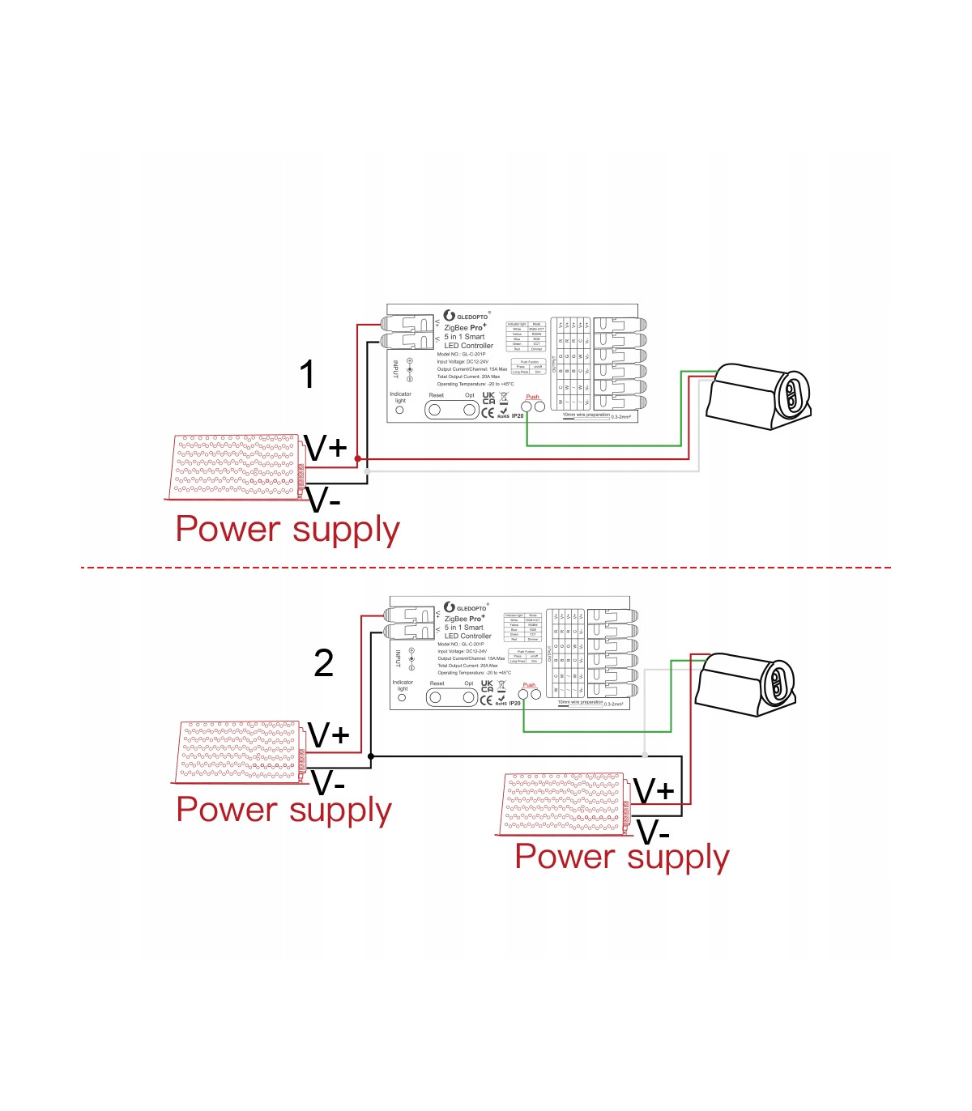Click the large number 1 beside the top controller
(x=307, y=375)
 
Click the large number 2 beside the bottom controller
(x=323, y=664)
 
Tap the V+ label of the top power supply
(x=326, y=448)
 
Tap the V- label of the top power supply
(x=324, y=500)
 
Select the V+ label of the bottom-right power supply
(x=653, y=791)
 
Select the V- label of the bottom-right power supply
(x=653, y=832)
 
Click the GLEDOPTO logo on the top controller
(x=467, y=316)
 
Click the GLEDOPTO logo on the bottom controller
(x=466, y=607)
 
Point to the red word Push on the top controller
(x=532, y=397)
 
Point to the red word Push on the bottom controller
(x=529, y=685)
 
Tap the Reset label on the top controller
(x=437, y=395)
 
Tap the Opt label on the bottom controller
(x=468, y=683)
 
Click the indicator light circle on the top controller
(x=399, y=411)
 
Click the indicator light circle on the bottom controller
(x=402, y=698)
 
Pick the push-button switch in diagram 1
(x=760, y=397)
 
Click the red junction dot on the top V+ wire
(x=358, y=458)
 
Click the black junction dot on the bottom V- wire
(x=371, y=756)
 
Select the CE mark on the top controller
(x=488, y=412)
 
